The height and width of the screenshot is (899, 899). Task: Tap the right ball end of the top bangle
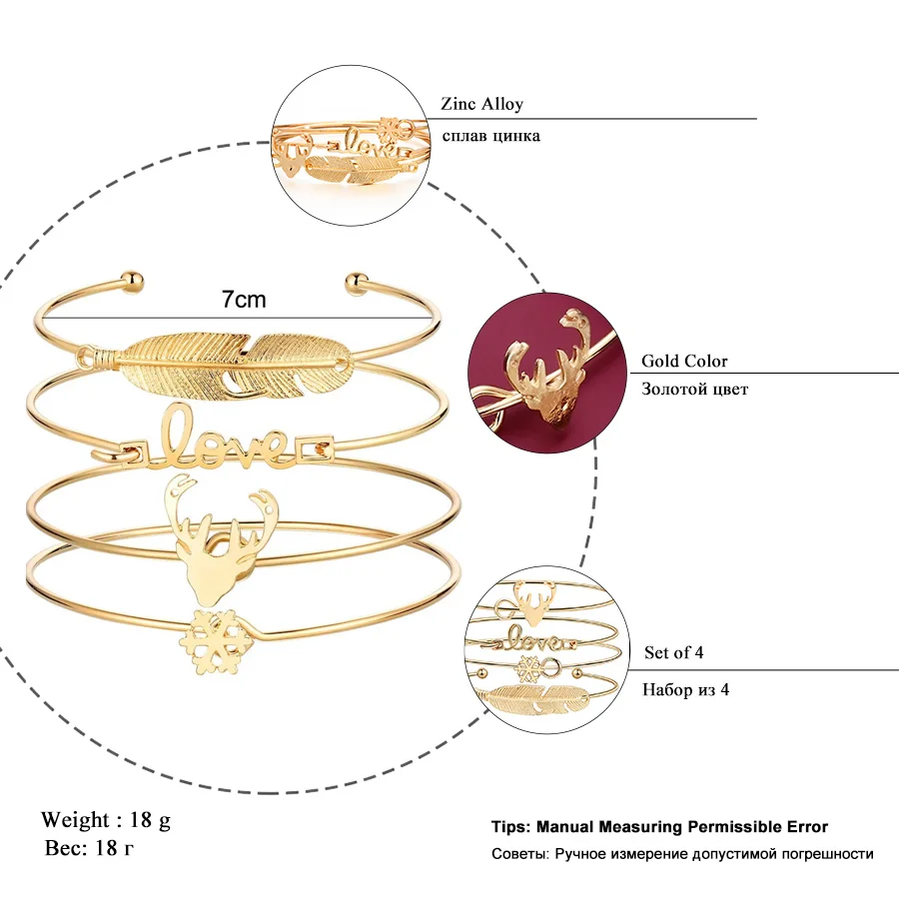point(355,284)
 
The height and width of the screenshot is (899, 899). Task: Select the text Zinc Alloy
point(481,104)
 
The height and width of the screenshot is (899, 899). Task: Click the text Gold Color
point(684,361)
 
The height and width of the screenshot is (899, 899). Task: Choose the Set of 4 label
point(673,652)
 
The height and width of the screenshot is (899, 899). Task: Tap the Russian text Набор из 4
point(686,688)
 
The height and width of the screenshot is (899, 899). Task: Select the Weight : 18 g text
point(106,820)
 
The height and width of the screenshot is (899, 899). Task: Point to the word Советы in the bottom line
point(519,853)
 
